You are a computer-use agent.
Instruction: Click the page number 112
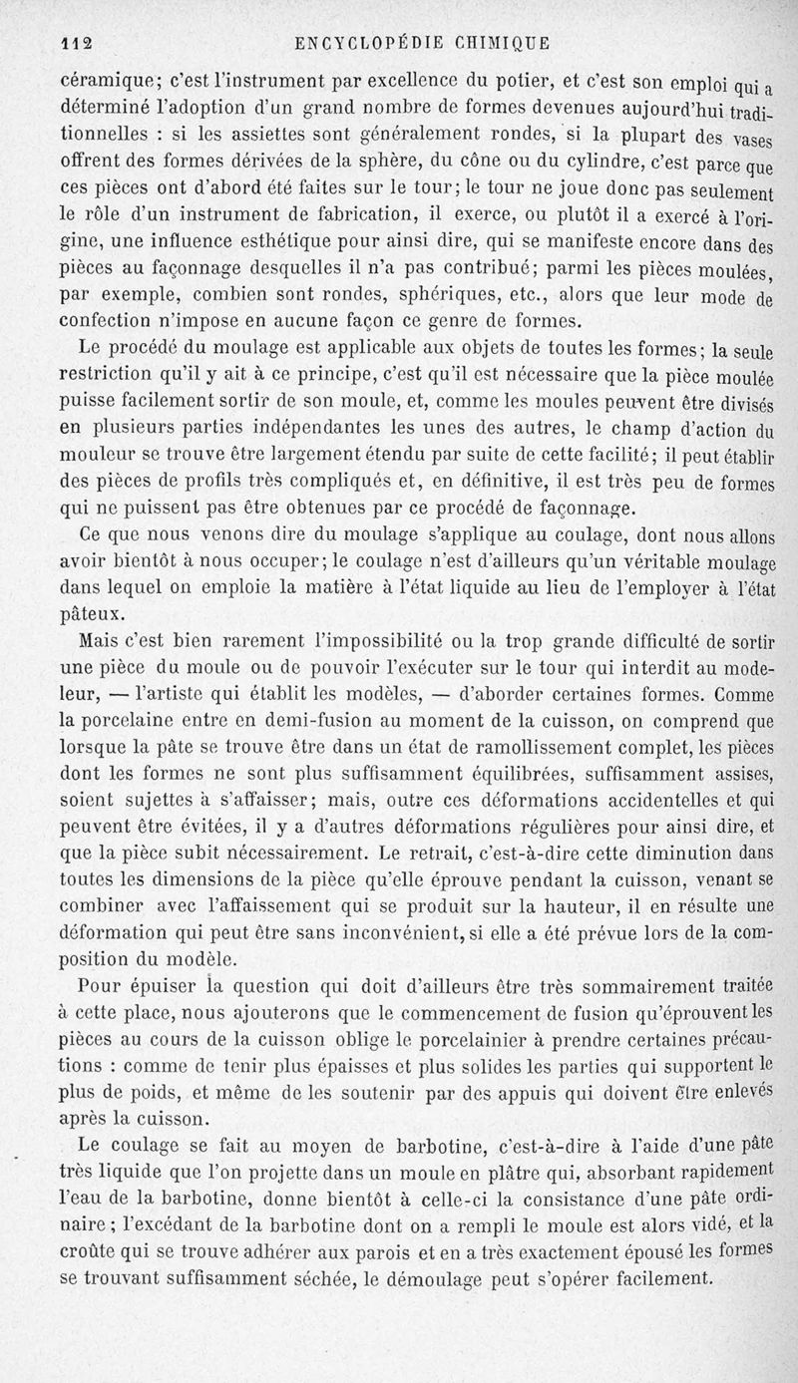click(x=76, y=43)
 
